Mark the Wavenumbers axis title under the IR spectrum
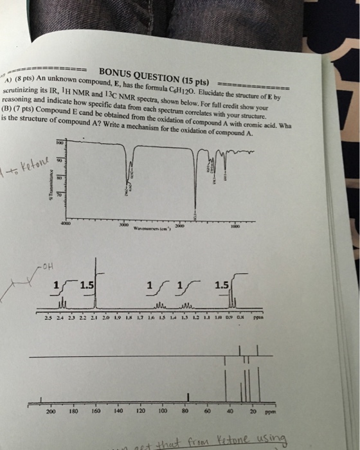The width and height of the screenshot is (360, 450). (x=149, y=229)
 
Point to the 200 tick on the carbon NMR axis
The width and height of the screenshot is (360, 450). (x=51, y=410)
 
